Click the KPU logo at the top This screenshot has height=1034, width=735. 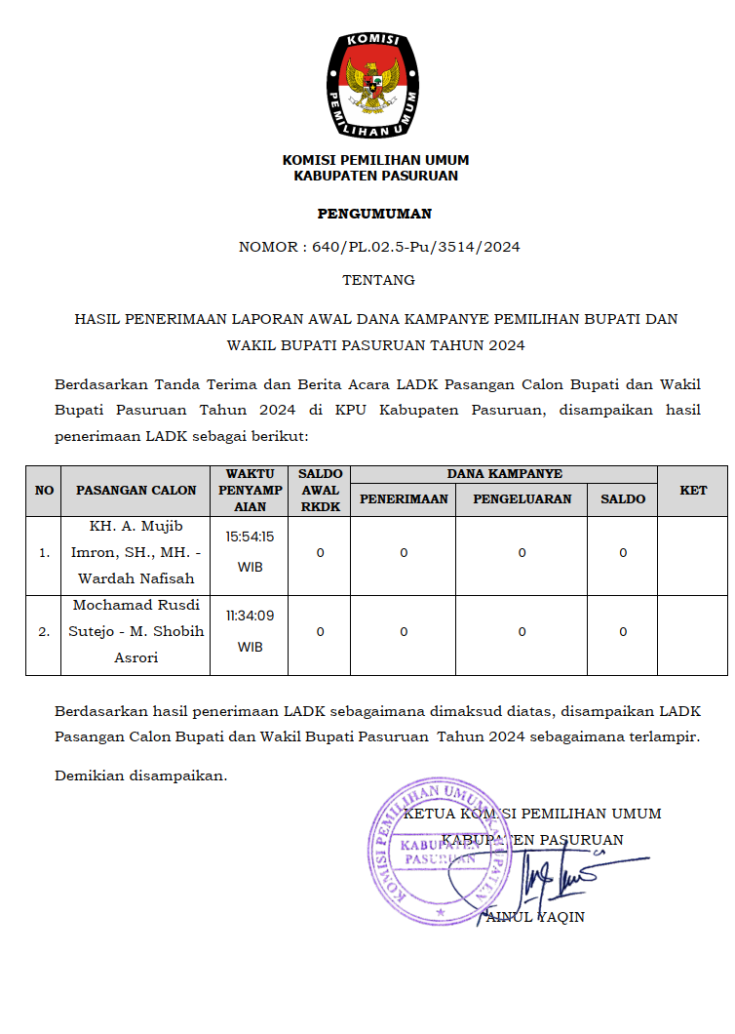(x=375, y=84)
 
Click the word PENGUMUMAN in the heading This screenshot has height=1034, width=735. (x=374, y=214)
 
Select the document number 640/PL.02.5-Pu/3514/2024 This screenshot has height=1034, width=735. (x=416, y=247)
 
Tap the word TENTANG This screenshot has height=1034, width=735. (x=378, y=280)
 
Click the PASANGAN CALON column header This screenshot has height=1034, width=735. (x=136, y=491)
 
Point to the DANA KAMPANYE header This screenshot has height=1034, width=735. (x=504, y=474)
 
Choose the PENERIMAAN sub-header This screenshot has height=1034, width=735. (x=404, y=498)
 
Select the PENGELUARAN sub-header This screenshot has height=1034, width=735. (x=522, y=498)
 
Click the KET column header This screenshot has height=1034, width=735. (x=693, y=491)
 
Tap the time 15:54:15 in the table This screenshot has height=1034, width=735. (x=250, y=537)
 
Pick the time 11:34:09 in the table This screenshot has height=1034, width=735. (x=250, y=616)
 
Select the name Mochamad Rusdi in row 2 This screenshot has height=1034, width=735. (x=136, y=605)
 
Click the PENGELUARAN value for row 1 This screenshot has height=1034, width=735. (x=522, y=553)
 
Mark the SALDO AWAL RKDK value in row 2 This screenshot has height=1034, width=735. (x=321, y=632)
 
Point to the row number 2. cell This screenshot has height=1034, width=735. (x=44, y=632)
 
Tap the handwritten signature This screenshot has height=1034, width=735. (x=565, y=873)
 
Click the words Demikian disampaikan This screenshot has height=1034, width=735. (x=140, y=775)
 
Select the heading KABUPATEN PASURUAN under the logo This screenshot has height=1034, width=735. (x=375, y=177)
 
